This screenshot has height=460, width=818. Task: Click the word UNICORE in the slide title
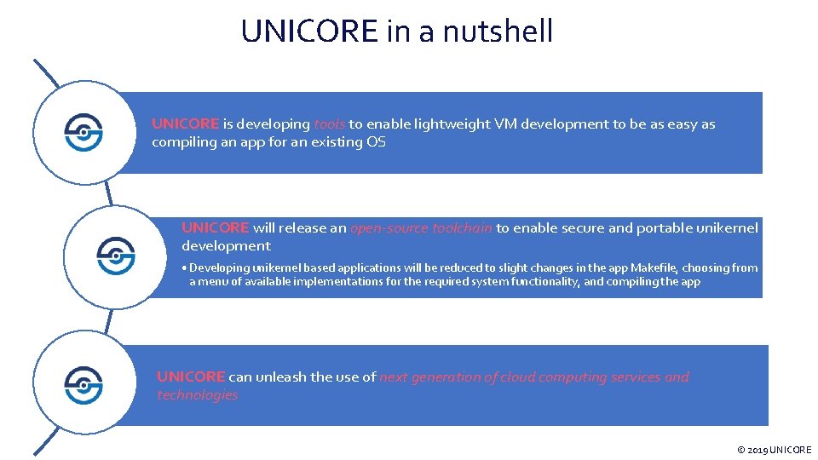pos(308,32)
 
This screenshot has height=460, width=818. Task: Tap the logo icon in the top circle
pos(84,133)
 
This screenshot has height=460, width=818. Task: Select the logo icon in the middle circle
pos(115,256)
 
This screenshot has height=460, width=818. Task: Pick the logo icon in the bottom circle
pos(84,385)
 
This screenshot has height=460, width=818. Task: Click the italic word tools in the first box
pos(329,124)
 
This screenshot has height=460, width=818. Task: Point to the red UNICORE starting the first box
pos(185,124)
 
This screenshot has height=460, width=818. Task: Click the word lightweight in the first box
pos(452,124)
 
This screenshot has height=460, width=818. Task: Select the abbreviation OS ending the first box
pos(376,142)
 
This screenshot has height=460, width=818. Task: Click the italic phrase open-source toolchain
pos(421,227)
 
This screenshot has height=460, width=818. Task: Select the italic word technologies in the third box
pos(197,394)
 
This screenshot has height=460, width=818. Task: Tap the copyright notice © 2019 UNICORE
pos(774,450)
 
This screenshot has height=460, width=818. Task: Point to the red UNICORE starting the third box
pos(191,377)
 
